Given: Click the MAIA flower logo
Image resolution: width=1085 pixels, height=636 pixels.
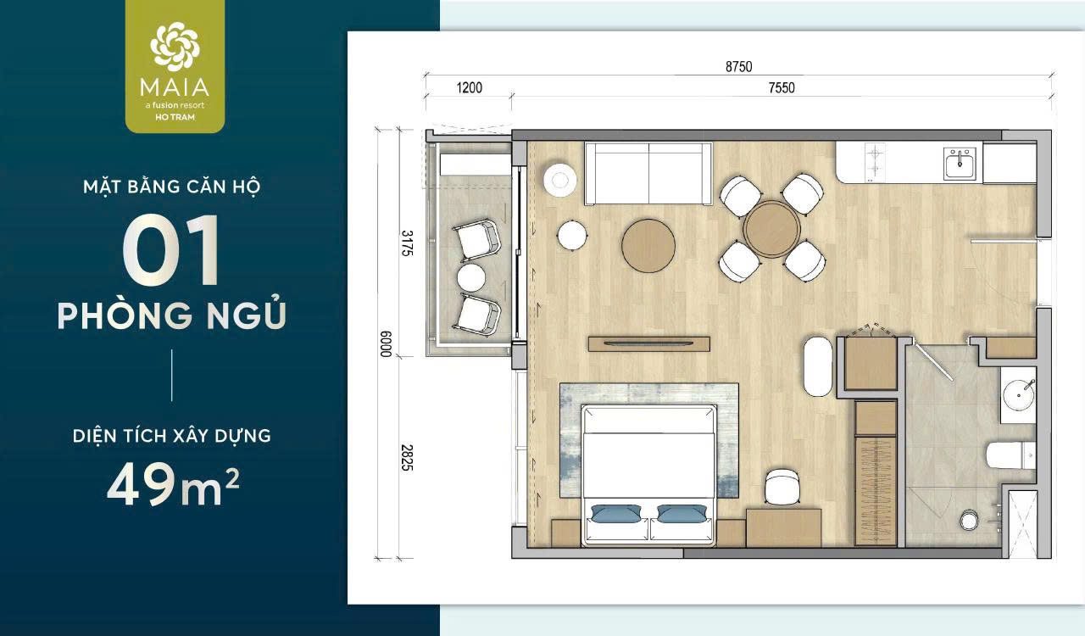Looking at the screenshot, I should tap(175, 47).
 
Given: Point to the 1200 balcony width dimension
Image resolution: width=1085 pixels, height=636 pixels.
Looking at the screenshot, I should tap(469, 87).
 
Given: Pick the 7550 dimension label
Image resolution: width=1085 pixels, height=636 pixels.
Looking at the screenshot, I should tap(781, 87).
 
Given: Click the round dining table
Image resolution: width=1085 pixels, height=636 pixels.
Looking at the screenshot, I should tap(771, 229).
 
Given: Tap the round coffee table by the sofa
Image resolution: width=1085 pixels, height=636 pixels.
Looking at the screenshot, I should tap(648, 246).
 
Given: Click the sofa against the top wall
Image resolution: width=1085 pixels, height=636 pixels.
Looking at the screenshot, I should tap(648, 173).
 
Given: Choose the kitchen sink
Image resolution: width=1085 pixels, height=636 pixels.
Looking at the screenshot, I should tap(960, 163).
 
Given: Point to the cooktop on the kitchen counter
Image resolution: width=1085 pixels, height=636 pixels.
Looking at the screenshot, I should tap(875, 161).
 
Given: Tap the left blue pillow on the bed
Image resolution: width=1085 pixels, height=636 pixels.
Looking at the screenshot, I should tap(616, 514).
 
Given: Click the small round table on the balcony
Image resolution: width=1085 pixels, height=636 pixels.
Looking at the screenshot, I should tap(470, 277).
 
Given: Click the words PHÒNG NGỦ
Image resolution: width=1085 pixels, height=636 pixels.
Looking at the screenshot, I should tap(171, 315).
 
